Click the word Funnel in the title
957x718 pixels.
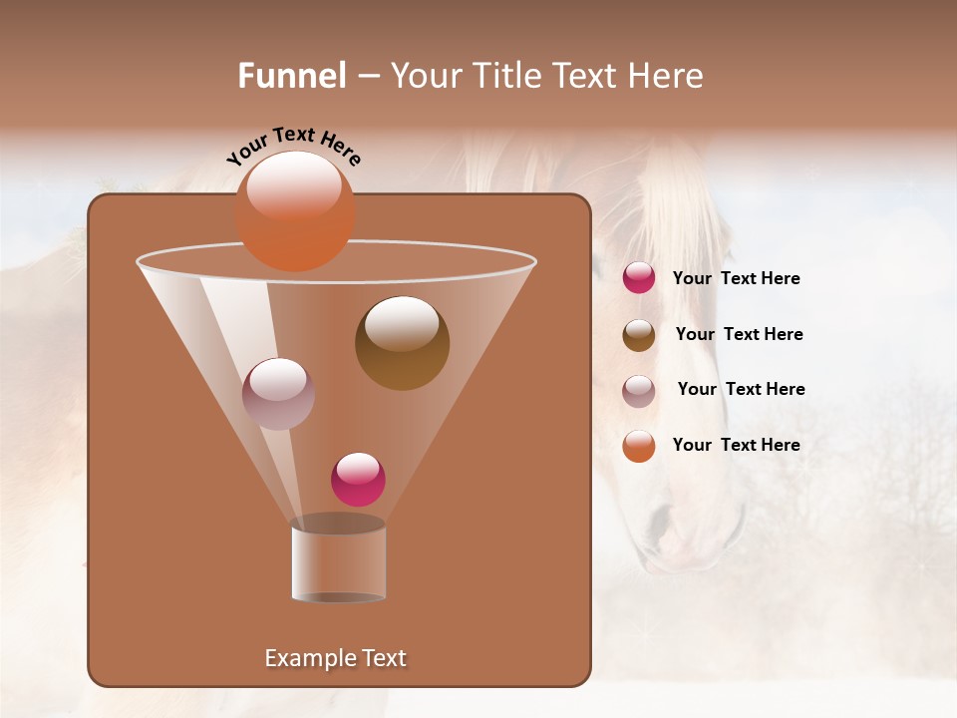pos(292,76)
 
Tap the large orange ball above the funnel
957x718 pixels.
pos(295,211)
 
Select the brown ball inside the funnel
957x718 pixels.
pos(402,343)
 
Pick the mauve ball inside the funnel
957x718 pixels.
pos(279,394)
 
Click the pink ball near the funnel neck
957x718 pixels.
pos(358,479)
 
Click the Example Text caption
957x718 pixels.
pos(336,658)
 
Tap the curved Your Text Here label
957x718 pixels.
pos(293,145)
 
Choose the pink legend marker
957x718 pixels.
pos(639,278)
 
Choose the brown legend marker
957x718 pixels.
pos(639,335)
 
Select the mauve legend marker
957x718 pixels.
pos(639,391)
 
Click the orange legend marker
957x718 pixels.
pos(639,446)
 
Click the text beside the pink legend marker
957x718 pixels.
pos(736,278)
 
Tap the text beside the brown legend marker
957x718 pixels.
pos(739,334)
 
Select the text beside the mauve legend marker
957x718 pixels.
pos(741,389)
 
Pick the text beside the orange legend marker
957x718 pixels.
pos(736,445)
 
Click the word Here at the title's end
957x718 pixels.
pos(667,76)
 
